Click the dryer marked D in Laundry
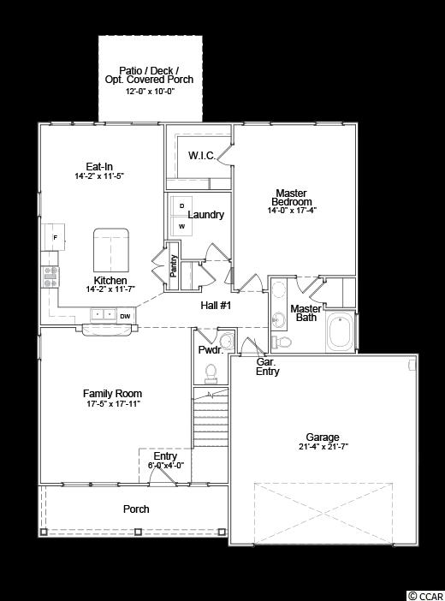click(x=181, y=206)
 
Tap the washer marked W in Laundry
click(x=181, y=226)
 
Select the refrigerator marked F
click(x=53, y=237)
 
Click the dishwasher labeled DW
click(x=125, y=316)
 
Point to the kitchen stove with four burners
click(x=50, y=277)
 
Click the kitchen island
click(x=111, y=250)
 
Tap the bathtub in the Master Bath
click(x=341, y=331)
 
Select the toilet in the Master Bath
click(x=282, y=341)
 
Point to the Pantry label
click(x=174, y=265)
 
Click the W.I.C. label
click(x=202, y=156)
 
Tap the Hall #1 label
click(x=216, y=306)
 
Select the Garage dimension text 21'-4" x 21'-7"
click(x=323, y=447)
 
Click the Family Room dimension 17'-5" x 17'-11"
click(x=113, y=403)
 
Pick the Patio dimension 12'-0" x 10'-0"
click(x=151, y=92)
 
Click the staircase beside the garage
click(x=211, y=417)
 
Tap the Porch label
click(x=136, y=509)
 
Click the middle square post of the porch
click(x=139, y=532)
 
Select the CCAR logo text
click(x=425, y=596)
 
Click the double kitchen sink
click(x=104, y=315)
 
